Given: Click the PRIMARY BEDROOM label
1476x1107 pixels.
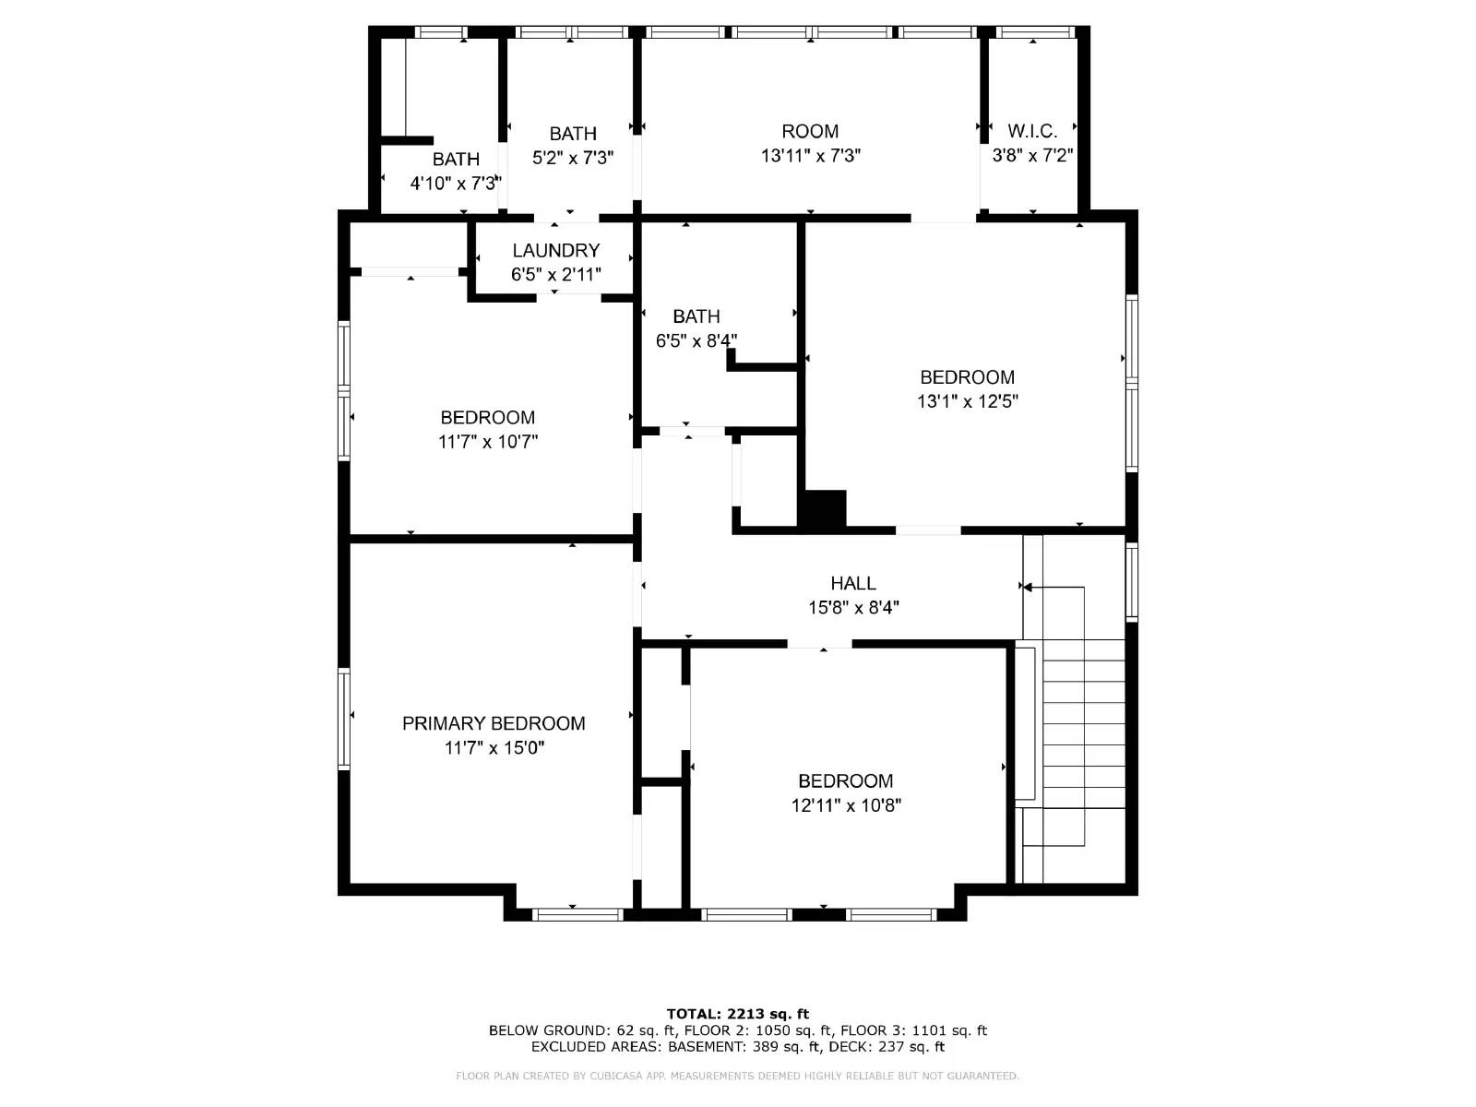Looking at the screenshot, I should coord(494,723).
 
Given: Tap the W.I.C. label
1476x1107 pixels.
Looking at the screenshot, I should coord(1032,131).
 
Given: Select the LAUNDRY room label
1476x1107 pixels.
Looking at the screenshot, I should coord(555,250).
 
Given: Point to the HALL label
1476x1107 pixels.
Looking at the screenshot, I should coord(853,583).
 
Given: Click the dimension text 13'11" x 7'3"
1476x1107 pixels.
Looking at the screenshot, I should coord(810,156).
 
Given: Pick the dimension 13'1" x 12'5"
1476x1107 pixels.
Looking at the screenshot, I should coord(967,401).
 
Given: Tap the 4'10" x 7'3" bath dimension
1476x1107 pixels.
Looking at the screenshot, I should coord(455,184).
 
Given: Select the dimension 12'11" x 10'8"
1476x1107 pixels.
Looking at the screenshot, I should coord(845,805).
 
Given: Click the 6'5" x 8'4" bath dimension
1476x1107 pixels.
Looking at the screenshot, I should coord(696,341).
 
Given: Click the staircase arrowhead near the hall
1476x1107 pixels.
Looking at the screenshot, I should coord(1027,587).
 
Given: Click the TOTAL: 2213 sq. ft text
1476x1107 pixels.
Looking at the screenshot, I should coord(738,1014).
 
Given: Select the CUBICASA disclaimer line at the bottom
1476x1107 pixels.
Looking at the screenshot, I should coord(738,1076).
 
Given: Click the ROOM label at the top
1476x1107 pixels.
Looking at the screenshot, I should coord(810,131).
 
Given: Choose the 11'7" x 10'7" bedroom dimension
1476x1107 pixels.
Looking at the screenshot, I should coord(487,442).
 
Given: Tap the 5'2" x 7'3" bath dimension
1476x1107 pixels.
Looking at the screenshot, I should coord(572,158).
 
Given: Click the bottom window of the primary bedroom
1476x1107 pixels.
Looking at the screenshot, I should coord(578,914).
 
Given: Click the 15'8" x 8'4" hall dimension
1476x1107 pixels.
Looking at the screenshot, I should coord(853,608).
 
